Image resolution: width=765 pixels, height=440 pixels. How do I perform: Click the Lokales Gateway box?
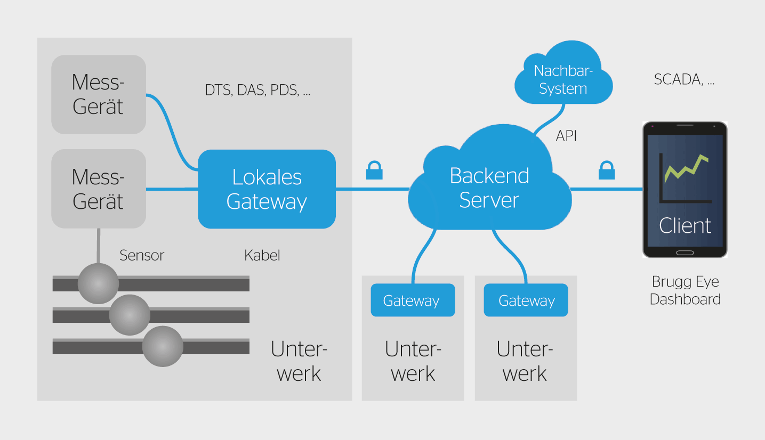tap(267, 189)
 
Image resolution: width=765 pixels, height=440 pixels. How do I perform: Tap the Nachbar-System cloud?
tap(563, 79)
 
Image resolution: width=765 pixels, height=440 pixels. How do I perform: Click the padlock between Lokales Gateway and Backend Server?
tap(374, 171)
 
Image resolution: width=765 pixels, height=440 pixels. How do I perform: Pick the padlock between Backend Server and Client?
tap(607, 171)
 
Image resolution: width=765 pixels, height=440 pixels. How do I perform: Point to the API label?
tap(566, 136)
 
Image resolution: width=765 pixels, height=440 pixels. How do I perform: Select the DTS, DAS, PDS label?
tap(257, 90)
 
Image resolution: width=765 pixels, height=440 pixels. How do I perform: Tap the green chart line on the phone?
tap(686, 167)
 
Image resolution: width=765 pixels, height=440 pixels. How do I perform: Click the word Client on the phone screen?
tap(685, 226)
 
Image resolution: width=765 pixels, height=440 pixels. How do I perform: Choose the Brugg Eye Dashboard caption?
tap(685, 290)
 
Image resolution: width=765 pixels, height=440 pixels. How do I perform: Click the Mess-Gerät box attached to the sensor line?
tap(99, 189)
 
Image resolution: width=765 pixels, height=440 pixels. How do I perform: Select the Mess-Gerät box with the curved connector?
tap(99, 94)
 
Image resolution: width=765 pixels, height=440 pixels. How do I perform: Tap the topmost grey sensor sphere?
tap(98, 283)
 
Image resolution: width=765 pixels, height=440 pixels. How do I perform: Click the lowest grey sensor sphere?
tap(163, 347)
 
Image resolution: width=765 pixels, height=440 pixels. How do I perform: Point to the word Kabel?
tap(262, 255)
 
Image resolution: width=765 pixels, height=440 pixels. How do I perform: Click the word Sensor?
tap(142, 255)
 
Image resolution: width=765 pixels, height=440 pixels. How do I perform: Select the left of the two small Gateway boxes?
tap(413, 300)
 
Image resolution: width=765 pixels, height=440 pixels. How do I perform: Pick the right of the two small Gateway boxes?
tap(526, 300)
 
